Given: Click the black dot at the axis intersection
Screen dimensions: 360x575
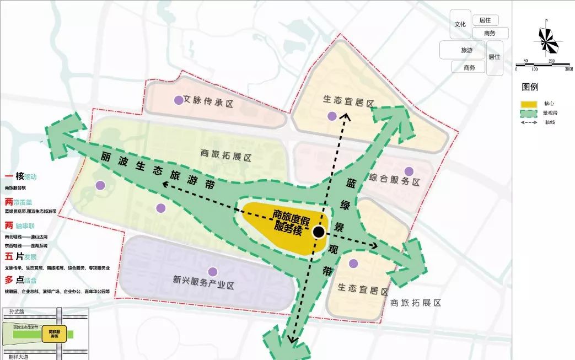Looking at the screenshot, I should [x=318, y=232].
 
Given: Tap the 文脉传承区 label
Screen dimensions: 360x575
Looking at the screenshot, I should [x=209, y=101].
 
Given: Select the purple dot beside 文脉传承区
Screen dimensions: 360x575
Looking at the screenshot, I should [x=178, y=100].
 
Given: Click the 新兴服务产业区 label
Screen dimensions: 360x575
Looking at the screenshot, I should [x=203, y=286].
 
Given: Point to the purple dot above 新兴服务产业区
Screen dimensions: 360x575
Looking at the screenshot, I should [x=212, y=271].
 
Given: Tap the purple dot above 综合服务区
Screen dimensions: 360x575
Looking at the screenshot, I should [x=409, y=171].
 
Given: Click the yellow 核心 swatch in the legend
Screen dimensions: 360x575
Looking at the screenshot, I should [x=529, y=104].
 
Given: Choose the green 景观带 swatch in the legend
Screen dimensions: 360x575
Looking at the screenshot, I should [x=529, y=113].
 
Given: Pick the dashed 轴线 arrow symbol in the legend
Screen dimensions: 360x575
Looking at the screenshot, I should [x=529, y=122].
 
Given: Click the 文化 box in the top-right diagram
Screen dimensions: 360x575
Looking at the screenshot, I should [x=460, y=25].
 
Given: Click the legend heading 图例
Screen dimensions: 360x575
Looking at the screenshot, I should [x=530, y=87].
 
